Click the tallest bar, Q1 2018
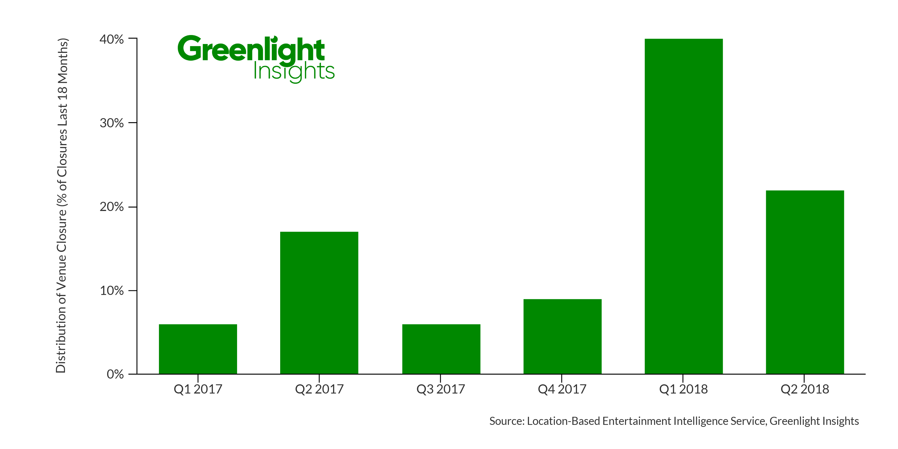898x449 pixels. click(x=684, y=206)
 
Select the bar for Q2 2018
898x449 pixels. click(x=805, y=282)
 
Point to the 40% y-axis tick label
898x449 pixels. click(x=111, y=39)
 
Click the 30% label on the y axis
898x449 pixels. click(x=111, y=123)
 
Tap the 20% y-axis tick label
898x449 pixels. click(x=111, y=207)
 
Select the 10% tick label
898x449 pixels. click(x=111, y=291)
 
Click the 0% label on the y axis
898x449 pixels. click(x=115, y=374)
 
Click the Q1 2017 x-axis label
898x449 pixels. click(x=198, y=389)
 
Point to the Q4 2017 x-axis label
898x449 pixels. click(x=562, y=389)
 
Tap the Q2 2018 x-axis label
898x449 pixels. click(x=805, y=389)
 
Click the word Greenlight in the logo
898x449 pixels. click(x=251, y=49)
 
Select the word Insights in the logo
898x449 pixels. click(x=294, y=72)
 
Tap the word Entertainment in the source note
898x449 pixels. click(x=637, y=421)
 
